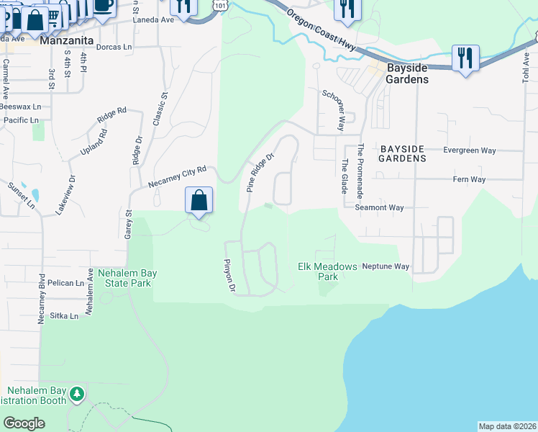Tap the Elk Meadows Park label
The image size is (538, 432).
327,271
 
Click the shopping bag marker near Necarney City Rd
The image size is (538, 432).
199,201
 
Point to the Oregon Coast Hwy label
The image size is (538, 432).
320,30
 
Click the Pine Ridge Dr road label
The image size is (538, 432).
260,172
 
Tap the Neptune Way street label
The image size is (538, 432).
386,266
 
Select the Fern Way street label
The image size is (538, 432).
469,179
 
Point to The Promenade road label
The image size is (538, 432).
361,171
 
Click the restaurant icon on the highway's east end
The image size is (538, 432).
465,58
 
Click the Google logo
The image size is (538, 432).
24,423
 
